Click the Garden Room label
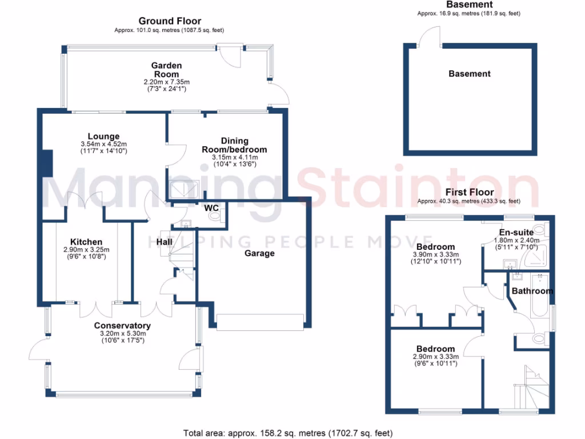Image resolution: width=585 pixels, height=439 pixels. (166, 70)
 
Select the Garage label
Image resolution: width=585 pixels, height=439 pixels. (259, 253)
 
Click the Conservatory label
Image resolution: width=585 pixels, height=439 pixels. (122, 326)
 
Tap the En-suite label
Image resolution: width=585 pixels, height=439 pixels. (516, 233)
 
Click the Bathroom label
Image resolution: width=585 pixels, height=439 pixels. (532, 291)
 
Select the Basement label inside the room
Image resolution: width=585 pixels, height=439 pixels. (469, 74)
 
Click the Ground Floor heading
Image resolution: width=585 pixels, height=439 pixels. (170, 21)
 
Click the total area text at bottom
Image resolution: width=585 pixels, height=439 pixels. (288, 433)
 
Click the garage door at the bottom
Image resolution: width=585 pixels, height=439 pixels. (260, 322)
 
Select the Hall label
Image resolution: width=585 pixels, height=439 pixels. (165, 242)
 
